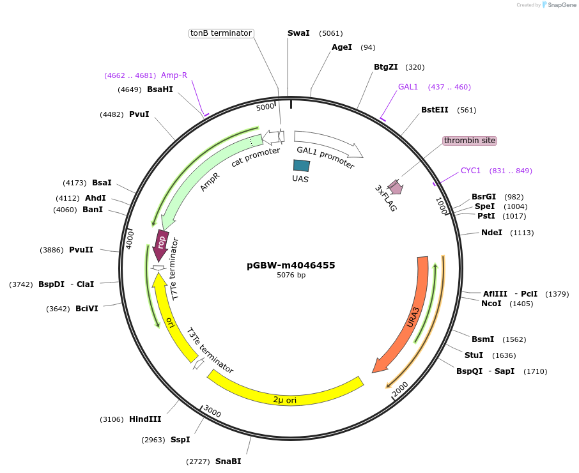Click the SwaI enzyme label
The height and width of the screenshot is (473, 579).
pyautogui.click(x=297, y=33)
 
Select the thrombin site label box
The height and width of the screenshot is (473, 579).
pyautogui.click(x=469, y=141)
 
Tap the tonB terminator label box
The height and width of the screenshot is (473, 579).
pyautogui.click(x=222, y=33)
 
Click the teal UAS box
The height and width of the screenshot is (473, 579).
pyautogui.click(x=301, y=166)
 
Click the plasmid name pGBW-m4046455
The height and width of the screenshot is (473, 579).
pyautogui.click(x=291, y=265)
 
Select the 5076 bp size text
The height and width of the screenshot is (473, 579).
pyautogui.click(x=291, y=275)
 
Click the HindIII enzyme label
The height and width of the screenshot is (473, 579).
pyautogui.click(x=145, y=419)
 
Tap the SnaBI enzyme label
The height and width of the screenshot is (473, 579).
pyautogui.click(x=228, y=461)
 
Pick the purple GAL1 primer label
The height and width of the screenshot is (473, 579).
pyautogui.click(x=408, y=87)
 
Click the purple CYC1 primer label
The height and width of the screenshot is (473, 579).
pyautogui.click(x=470, y=171)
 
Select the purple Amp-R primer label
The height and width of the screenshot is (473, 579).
pyautogui.click(x=174, y=75)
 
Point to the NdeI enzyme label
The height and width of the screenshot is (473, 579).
pyautogui.click(x=491, y=233)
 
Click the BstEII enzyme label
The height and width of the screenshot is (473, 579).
pyautogui.click(x=435, y=110)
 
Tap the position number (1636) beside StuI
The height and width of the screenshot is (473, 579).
pyautogui.click(x=504, y=355)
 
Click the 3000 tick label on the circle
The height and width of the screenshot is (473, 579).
pyautogui.click(x=212, y=414)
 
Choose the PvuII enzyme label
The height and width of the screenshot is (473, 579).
pyautogui.click(x=81, y=250)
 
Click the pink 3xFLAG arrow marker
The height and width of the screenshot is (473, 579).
pyautogui.click(x=396, y=187)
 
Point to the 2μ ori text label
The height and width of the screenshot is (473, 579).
pyautogui.click(x=285, y=400)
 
